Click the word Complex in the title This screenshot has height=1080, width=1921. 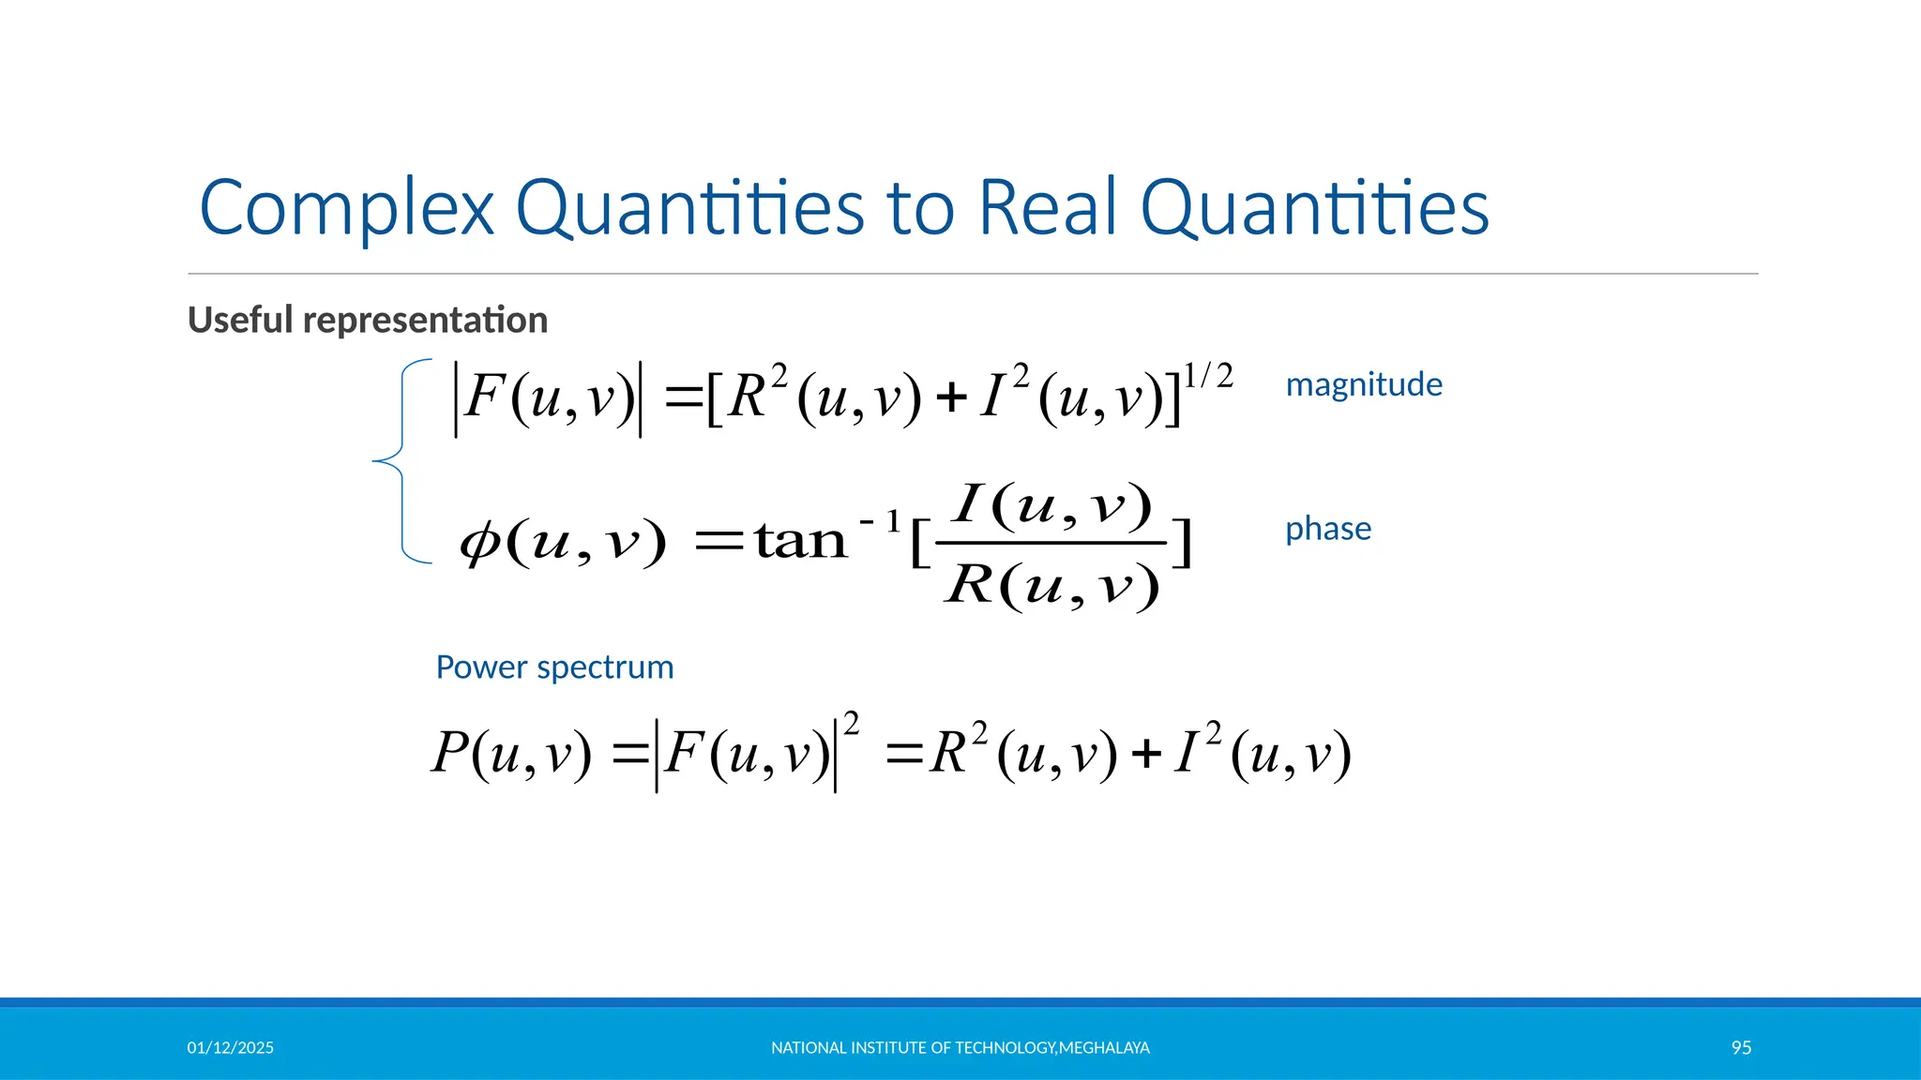(x=346, y=208)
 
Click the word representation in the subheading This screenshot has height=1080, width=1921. (x=426, y=321)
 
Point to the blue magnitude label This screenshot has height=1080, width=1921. (x=1364, y=384)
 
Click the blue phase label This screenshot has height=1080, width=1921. (x=1328, y=529)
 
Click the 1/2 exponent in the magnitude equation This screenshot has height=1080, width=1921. (x=1208, y=376)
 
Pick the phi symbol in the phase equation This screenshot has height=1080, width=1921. (x=479, y=541)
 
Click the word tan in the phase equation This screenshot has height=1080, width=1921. (x=801, y=541)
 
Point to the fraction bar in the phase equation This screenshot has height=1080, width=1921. (x=1051, y=543)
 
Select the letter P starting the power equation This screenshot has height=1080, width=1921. (x=450, y=752)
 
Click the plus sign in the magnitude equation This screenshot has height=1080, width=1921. (x=951, y=397)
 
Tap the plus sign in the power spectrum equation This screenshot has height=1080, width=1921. (x=1146, y=754)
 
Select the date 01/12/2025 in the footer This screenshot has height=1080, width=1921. (x=231, y=1048)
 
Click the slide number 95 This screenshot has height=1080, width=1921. (x=1741, y=1048)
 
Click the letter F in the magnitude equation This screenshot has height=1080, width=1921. (x=485, y=396)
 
